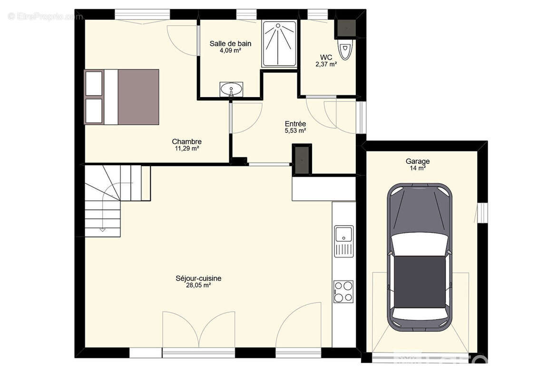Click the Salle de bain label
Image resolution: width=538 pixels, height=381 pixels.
tap(230, 44)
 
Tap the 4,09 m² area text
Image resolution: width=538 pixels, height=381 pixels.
tap(230, 50)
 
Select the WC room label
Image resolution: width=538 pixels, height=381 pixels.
tap(326, 57)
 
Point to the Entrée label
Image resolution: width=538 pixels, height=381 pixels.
tap(295, 124)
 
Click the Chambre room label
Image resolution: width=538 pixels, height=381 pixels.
tap(186, 141)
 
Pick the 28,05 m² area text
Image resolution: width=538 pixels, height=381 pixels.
tap(198, 285)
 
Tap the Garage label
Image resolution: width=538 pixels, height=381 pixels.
tap(418, 161)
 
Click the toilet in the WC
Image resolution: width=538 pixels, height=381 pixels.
tap(345, 50)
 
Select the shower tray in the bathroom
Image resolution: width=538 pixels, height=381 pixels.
tap(279, 44)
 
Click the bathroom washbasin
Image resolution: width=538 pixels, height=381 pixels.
tap(231, 90)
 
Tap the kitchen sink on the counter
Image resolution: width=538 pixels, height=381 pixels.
tap(344, 241)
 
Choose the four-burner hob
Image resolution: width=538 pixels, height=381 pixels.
tap(343, 291)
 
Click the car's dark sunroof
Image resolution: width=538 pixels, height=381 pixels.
tap(420, 281)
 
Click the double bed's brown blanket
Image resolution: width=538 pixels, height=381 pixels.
tap(138, 97)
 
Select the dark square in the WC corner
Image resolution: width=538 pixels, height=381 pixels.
tap(346, 28)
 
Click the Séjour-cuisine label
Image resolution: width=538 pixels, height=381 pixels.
tap(198, 278)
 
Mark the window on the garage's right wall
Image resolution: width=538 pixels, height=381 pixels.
tap(482, 213)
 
